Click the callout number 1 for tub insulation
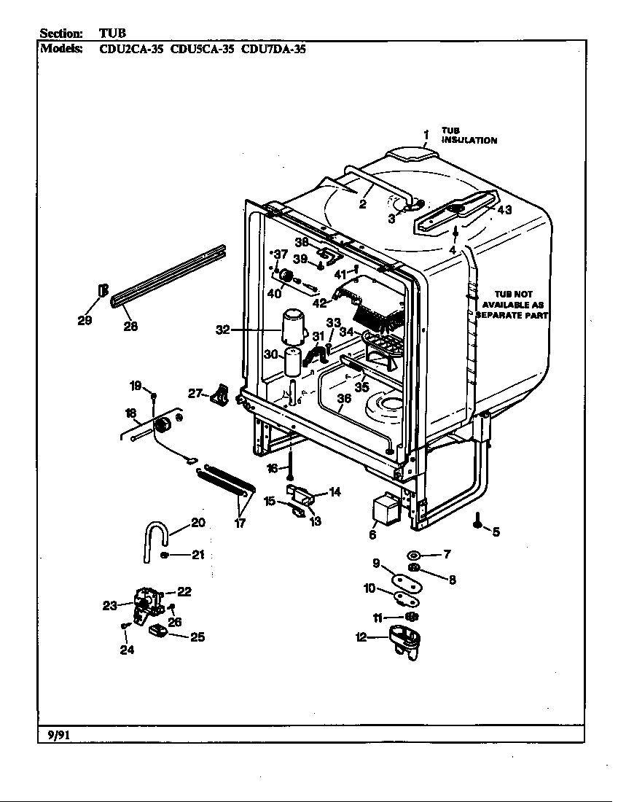426,133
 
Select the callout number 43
504,210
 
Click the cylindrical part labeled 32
293,326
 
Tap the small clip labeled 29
102,292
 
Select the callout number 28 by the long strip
130,327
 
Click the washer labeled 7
414,555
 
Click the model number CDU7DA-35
273,50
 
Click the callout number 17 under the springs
240,523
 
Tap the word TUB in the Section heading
112,34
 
